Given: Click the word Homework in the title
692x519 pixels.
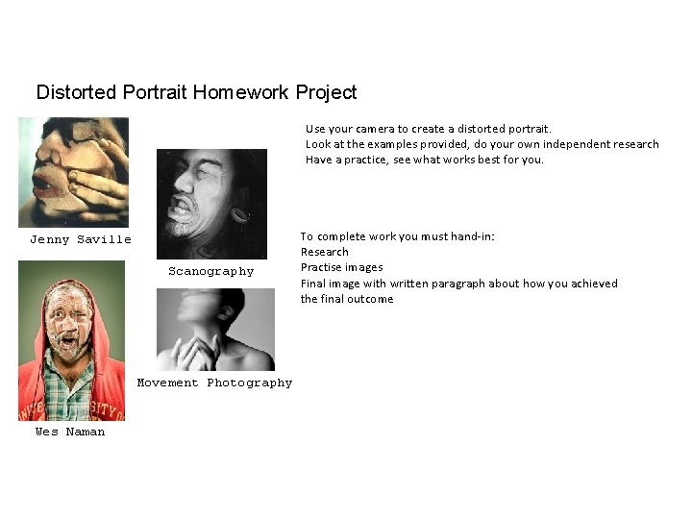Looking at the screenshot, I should [x=240, y=92].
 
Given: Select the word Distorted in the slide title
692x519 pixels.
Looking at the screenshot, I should [x=77, y=92].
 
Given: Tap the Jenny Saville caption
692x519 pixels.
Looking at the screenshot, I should [x=81, y=239].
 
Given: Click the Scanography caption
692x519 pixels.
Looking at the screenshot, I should [x=211, y=271].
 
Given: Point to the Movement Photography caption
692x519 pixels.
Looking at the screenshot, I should [x=214, y=383].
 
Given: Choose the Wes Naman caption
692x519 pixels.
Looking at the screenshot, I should [x=70, y=432].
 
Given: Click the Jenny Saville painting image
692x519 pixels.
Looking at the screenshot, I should [x=73, y=172].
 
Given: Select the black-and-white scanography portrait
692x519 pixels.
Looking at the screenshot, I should [x=211, y=204].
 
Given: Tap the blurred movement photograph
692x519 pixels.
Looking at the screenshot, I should [x=214, y=330].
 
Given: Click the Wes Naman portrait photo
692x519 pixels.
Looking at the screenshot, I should [x=72, y=341].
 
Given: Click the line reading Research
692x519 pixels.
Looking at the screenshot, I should [x=325, y=252].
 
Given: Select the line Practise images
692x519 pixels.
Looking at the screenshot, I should [x=341, y=267].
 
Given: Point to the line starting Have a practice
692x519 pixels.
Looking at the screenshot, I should [x=424, y=160].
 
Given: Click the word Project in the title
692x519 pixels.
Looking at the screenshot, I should [x=326, y=92].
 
